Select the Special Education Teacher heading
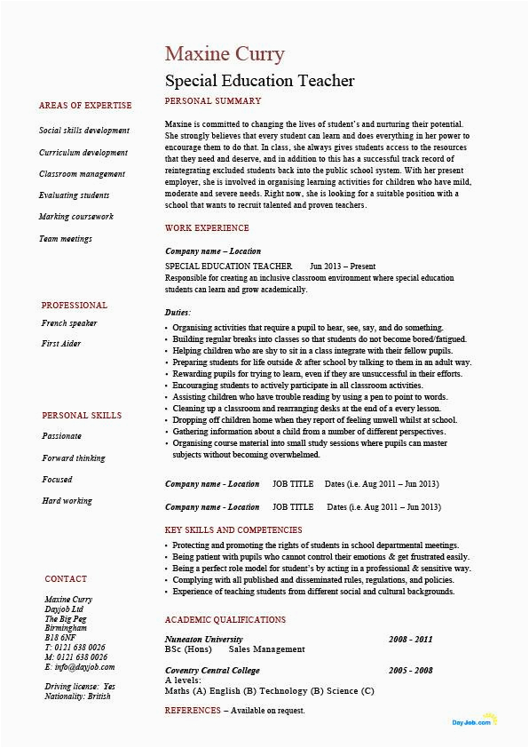point(259,81)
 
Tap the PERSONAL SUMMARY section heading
point(213,101)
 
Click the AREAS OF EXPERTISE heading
point(85,106)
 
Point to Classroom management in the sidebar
point(82,174)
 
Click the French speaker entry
point(69,323)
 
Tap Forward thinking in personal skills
point(73,458)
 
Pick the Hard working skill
point(67,501)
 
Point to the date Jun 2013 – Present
point(343,267)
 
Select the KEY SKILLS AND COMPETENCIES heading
point(233,530)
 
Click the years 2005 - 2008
point(410,671)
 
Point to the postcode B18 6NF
point(61,638)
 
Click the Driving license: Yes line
point(80,687)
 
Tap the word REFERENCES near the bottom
point(193,711)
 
